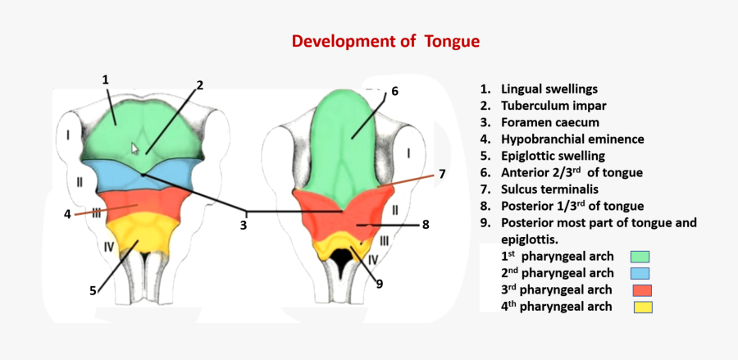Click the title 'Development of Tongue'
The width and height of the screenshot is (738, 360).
[x=385, y=41]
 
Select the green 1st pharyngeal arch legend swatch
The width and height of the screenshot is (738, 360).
[x=640, y=257]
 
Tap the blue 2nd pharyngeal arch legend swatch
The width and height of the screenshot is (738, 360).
[x=640, y=274]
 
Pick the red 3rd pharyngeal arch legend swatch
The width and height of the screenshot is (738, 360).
[x=641, y=290]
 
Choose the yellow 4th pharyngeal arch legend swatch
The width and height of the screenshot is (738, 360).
[x=641, y=308]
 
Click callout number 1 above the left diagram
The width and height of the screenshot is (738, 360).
[x=106, y=80]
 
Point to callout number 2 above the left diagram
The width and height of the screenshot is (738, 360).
[x=199, y=85]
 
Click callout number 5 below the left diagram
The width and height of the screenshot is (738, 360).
[x=94, y=289]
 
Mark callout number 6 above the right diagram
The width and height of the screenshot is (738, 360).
[x=394, y=91]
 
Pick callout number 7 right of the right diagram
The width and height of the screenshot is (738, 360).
[x=441, y=174]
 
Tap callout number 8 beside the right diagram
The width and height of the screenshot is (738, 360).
[x=426, y=224]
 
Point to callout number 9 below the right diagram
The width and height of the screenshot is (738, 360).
[x=380, y=284]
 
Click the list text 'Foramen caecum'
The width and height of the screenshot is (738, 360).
[x=542, y=122]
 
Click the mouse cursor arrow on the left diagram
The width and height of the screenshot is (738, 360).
[x=136, y=148]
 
